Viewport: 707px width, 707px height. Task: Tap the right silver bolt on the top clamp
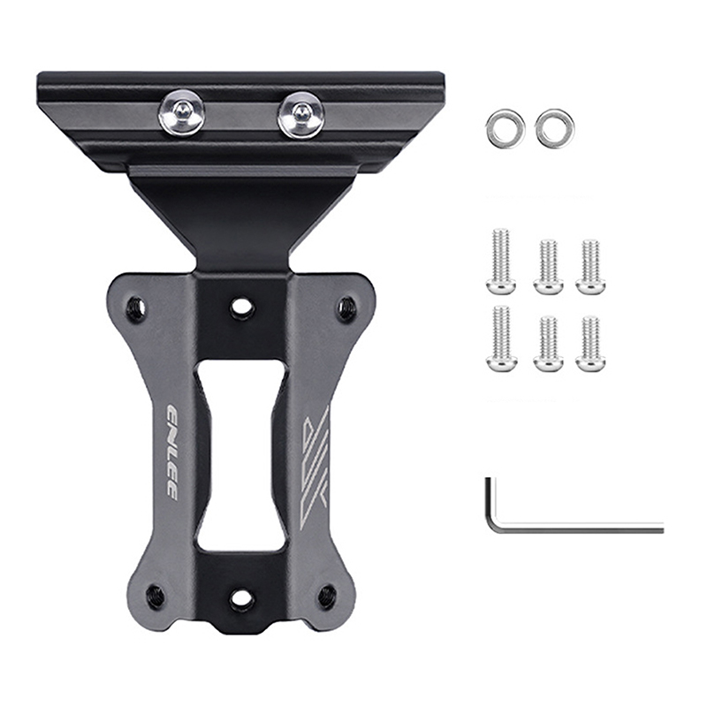(x=299, y=114)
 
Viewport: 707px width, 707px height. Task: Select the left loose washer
(x=506, y=126)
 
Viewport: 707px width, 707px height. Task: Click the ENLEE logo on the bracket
(x=171, y=450)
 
